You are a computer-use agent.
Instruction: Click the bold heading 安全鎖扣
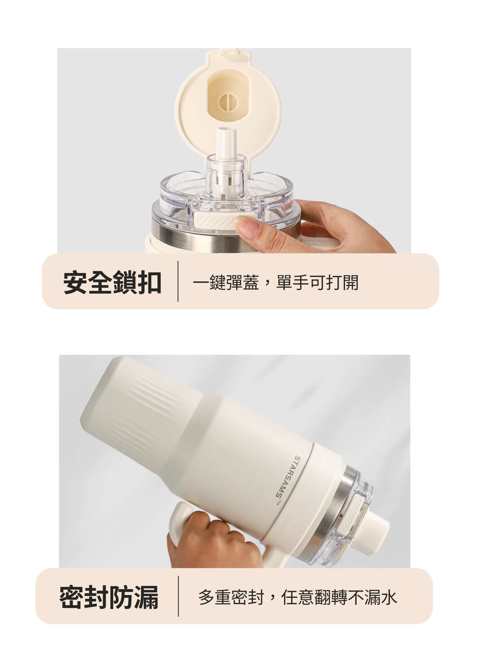click(112, 283)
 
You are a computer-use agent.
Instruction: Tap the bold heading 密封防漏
click(109, 597)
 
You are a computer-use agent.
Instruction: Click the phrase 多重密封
click(231, 597)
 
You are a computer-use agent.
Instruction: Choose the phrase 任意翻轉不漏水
click(339, 597)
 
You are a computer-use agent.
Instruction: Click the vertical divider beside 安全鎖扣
click(178, 281)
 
